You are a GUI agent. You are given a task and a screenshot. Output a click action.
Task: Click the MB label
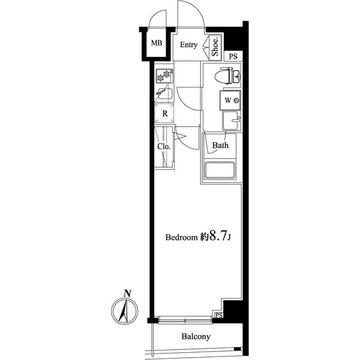pyautogui.click(x=157, y=43)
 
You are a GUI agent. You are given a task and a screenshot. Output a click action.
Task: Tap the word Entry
pyautogui.click(x=189, y=45)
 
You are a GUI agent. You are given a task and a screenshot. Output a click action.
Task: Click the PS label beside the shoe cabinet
pyautogui.click(x=233, y=56)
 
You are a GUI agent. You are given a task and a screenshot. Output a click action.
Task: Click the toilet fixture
pyautogui.click(x=229, y=76)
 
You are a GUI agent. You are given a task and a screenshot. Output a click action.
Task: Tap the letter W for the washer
pyautogui.click(x=229, y=100)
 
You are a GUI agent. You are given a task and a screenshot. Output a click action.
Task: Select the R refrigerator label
pyautogui.click(x=164, y=112)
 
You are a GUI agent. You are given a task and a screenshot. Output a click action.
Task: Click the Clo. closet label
pyautogui.click(x=164, y=146)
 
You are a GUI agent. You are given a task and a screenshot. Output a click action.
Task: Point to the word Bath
pyautogui.click(x=221, y=145)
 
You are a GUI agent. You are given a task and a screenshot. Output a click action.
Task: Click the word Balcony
pyautogui.click(x=196, y=337)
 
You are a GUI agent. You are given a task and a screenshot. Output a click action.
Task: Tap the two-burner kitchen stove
pyautogui.click(x=164, y=76)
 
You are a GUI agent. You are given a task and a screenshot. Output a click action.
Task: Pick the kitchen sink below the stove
pyautogui.click(x=164, y=94)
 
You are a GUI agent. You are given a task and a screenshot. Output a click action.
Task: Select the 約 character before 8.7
pyautogui.click(x=203, y=238)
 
